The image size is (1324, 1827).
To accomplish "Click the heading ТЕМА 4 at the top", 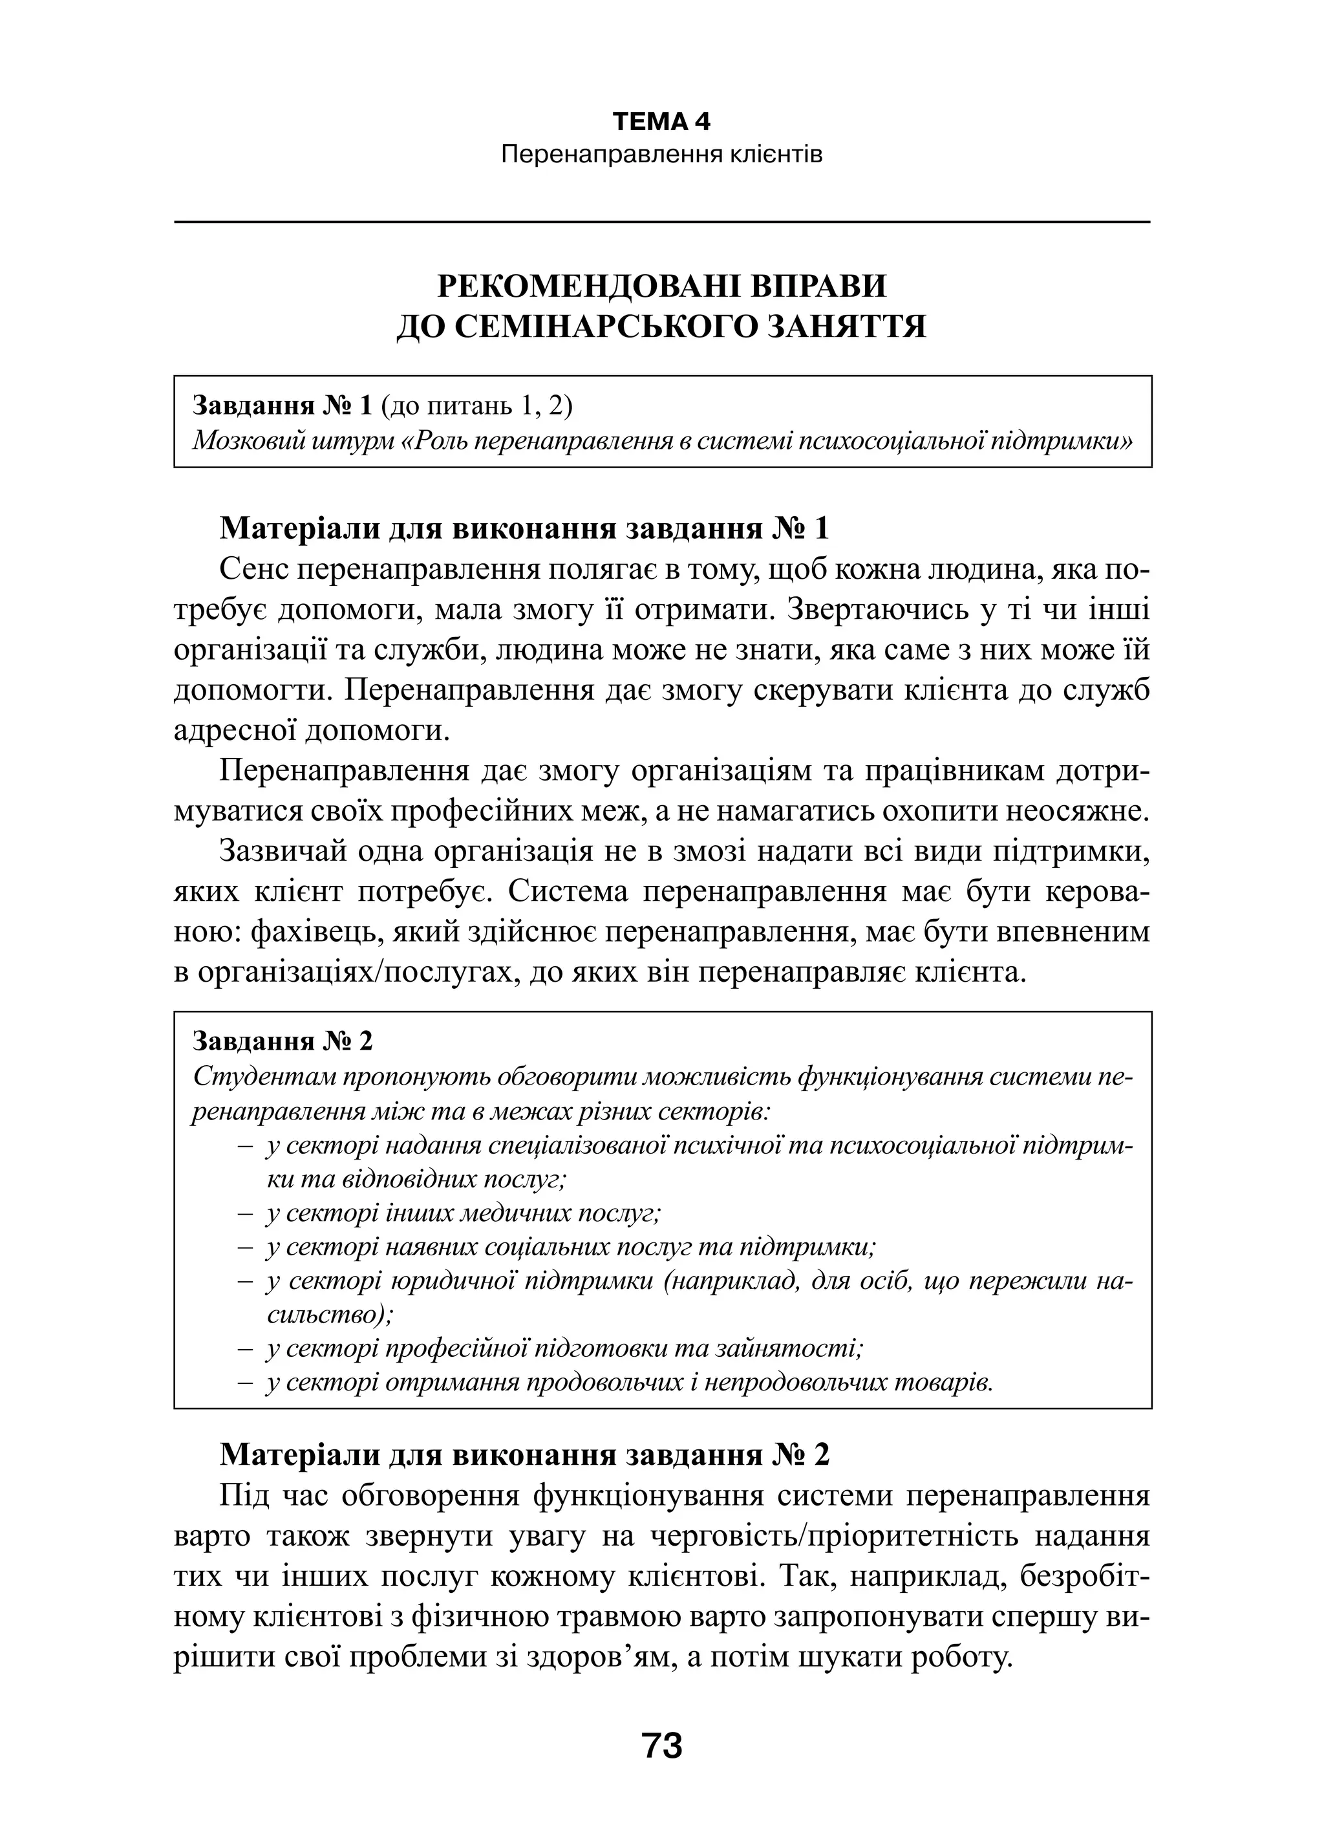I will (661, 122).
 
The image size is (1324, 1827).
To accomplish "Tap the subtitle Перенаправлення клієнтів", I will (661, 155).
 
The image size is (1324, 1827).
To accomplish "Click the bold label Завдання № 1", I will (283, 406).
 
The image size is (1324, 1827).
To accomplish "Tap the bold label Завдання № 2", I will (283, 1042).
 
